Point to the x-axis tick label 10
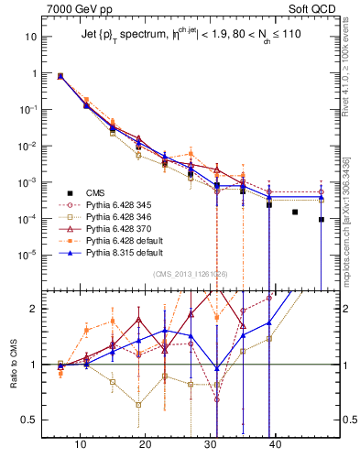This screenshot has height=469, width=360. [x=81, y=442]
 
